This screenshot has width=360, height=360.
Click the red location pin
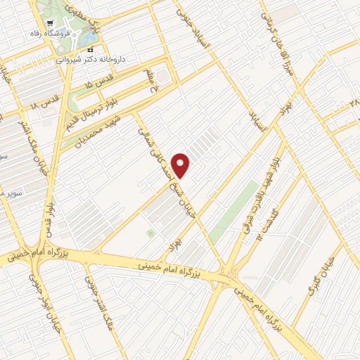[181, 165]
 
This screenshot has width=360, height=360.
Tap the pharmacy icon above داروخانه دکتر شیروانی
[90, 49]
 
